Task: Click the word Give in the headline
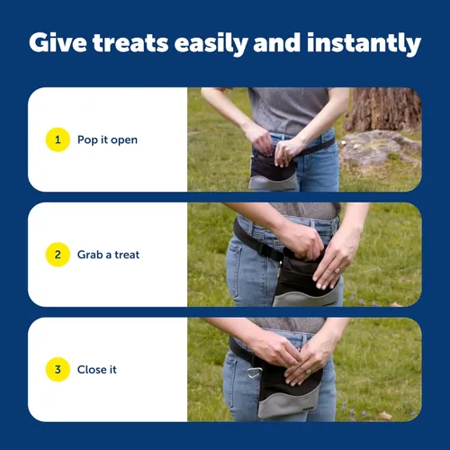click(x=58, y=42)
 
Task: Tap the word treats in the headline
click(x=130, y=43)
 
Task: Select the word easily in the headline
click(x=211, y=44)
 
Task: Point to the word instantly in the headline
click(x=364, y=44)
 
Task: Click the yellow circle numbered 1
click(x=58, y=139)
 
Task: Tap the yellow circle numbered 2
click(x=58, y=255)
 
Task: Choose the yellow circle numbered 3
click(x=58, y=369)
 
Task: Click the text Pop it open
click(x=107, y=140)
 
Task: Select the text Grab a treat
click(x=108, y=255)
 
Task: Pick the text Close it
click(x=97, y=370)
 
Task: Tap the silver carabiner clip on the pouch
click(x=254, y=373)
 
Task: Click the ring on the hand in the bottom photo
click(x=308, y=372)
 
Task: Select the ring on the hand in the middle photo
click(x=337, y=271)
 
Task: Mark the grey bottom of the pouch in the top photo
click(x=273, y=183)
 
